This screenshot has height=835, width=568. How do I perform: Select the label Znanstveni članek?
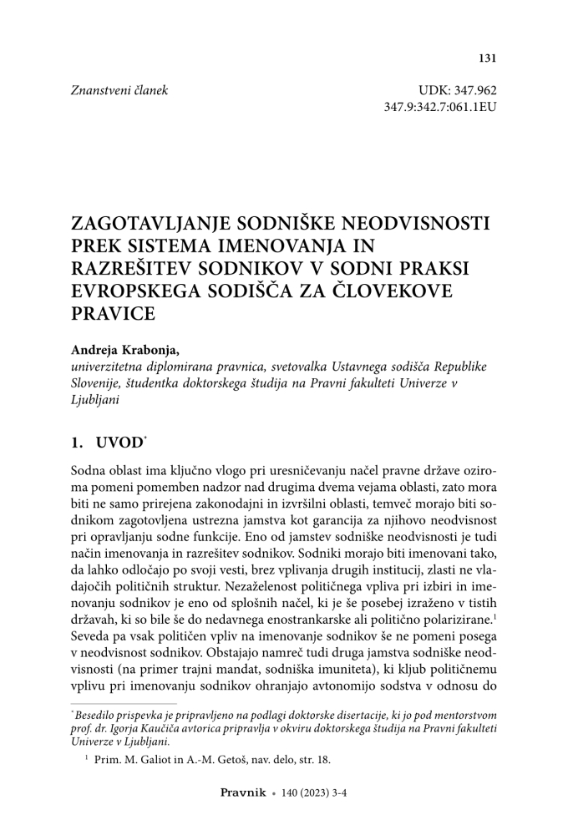tap(119, 90)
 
